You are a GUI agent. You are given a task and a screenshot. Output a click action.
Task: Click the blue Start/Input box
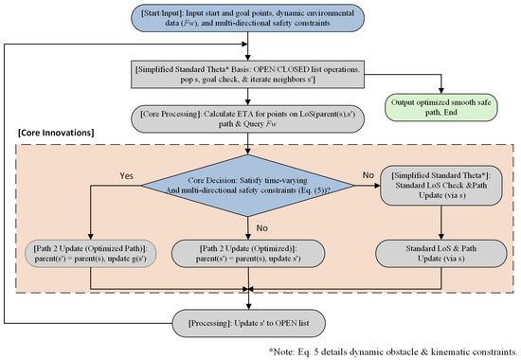coord(247,18)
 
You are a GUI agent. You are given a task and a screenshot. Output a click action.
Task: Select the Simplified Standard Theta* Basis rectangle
coord(247,75)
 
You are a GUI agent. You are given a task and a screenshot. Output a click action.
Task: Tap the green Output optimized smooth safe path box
coord(440,107)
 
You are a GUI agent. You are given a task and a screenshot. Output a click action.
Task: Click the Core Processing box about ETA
coord(247,119)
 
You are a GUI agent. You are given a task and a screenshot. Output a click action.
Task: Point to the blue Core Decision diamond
coord(248,186)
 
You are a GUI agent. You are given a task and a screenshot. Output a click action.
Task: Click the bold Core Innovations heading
coord(56,133)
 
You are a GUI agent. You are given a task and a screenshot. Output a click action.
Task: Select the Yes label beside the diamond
coord(127,175)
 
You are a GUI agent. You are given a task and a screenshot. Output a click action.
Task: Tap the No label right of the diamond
coord(368,175)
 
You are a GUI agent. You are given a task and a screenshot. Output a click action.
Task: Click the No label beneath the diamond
coord(261,228)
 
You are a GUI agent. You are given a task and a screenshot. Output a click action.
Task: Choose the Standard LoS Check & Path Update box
coord(440,186)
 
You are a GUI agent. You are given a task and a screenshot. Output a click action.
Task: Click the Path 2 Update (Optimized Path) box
coord(90,254)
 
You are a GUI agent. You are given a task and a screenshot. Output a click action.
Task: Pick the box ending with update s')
coord(248,254)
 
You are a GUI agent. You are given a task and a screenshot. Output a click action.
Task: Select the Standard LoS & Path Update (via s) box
coord(440,254)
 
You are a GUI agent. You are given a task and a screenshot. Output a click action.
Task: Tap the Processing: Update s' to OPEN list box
coord(248,323)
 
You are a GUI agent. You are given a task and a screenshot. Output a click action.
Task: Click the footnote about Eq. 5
coord(393,351)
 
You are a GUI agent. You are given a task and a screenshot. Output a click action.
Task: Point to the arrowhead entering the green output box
coord(440,91)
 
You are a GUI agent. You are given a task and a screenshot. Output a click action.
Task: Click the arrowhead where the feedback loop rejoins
coord(245,44)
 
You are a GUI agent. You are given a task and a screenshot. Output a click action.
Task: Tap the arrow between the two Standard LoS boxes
coord(440,223)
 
